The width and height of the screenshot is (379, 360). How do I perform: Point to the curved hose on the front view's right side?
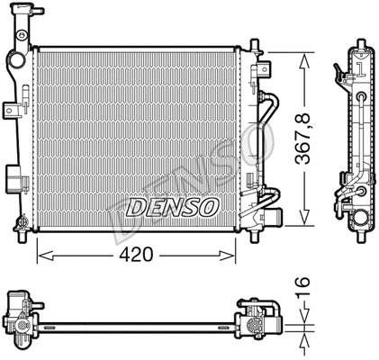pyautogui.click(x=266, y=144)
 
